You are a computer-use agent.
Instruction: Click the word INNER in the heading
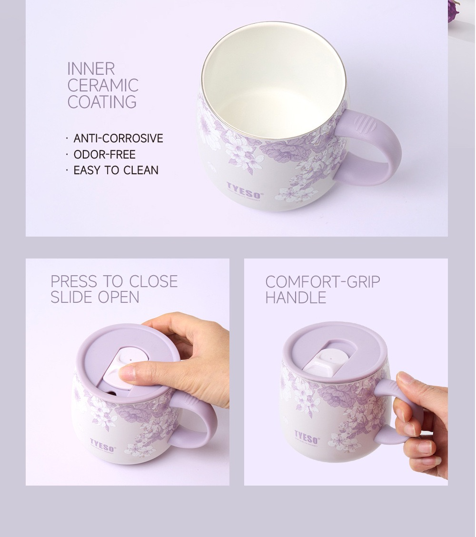point(91,69)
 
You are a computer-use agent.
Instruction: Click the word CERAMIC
point(103,85)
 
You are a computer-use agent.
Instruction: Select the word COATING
point(102,102)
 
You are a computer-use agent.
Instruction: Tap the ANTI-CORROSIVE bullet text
point(118,139)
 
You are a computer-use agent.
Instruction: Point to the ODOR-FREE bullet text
point(104,154)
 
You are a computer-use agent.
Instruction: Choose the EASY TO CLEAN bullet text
point(116,170)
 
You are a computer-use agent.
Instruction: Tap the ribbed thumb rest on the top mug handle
point(363,124)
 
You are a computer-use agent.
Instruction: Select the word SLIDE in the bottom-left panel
point(71,297)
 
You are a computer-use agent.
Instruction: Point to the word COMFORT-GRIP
point(323,282)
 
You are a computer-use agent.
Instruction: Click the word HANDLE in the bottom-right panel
point(296,298)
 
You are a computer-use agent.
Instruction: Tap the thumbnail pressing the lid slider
point(127,374)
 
